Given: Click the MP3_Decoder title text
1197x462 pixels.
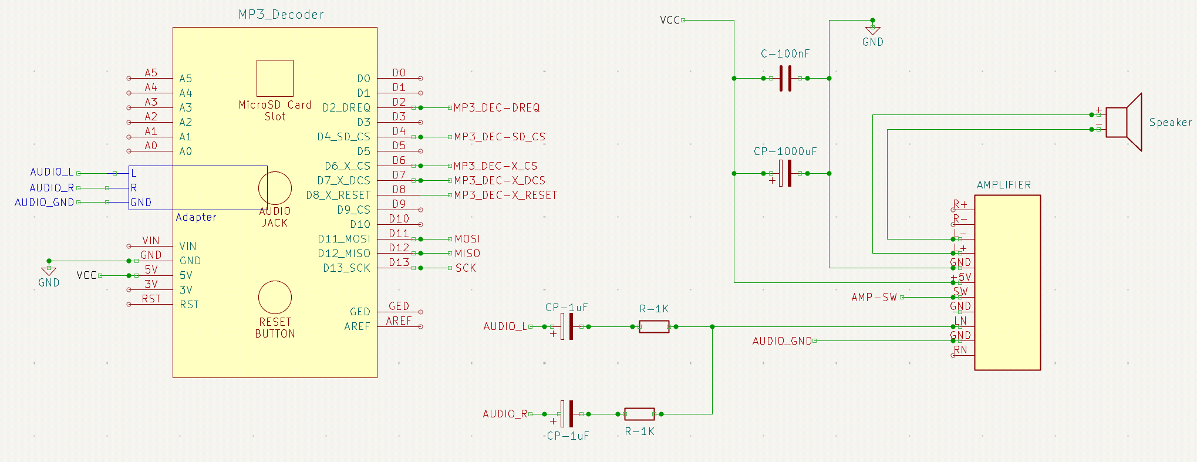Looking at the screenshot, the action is pos(281,15).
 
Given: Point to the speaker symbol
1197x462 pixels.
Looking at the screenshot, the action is pos(1124,122).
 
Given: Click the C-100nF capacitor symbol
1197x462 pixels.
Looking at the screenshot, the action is pos(785,78).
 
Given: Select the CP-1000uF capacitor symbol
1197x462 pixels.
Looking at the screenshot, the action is pos(785,173).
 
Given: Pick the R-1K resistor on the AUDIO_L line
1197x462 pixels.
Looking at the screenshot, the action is pos(654,326).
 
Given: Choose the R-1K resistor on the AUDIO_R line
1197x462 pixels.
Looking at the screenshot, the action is pos(639,414).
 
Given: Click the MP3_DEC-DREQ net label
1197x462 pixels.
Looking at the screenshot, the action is pos(497,107).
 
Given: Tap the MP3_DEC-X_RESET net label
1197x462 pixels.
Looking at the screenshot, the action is pos(505,195).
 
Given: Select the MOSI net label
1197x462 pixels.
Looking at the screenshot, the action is pos(467,239).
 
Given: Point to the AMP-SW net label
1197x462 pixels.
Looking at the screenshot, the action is pos(874,297).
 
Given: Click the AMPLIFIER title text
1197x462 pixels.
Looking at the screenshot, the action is pos(1004,185).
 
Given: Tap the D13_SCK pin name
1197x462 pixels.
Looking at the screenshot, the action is pos(346,268).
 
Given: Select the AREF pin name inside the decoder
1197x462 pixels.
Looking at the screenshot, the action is pos(357,326).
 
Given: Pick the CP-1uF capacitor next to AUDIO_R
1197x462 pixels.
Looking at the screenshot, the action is pos(566,414).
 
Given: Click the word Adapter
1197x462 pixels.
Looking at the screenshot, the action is pos(196,217).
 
